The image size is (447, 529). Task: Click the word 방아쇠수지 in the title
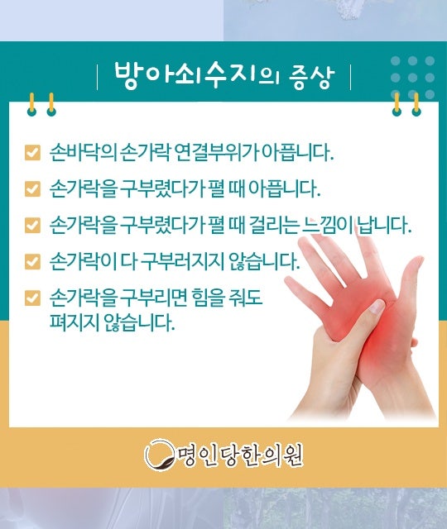(x=187, y=75)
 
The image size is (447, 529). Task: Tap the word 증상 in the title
(x=311, y=77)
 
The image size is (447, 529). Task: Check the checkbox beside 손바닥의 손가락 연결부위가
(x=32, y=152)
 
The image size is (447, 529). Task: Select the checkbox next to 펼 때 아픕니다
(x=32, y=189)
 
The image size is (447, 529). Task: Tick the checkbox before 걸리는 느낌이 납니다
(x=32, y=225)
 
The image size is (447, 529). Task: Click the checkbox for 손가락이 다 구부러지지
(x=32, y=261)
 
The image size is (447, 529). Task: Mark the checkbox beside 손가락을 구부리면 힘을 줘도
(x=32, y=298)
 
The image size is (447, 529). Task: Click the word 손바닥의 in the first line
(x=83, y=152)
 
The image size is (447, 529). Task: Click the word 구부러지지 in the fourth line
(x=183, y=261)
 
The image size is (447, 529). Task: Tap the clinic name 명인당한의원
(x=240, y=455)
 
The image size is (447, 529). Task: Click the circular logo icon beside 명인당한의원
(x=160, y=455)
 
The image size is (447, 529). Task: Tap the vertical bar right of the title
(x=350, y=77)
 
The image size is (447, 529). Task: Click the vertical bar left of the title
(x=98, y=77)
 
